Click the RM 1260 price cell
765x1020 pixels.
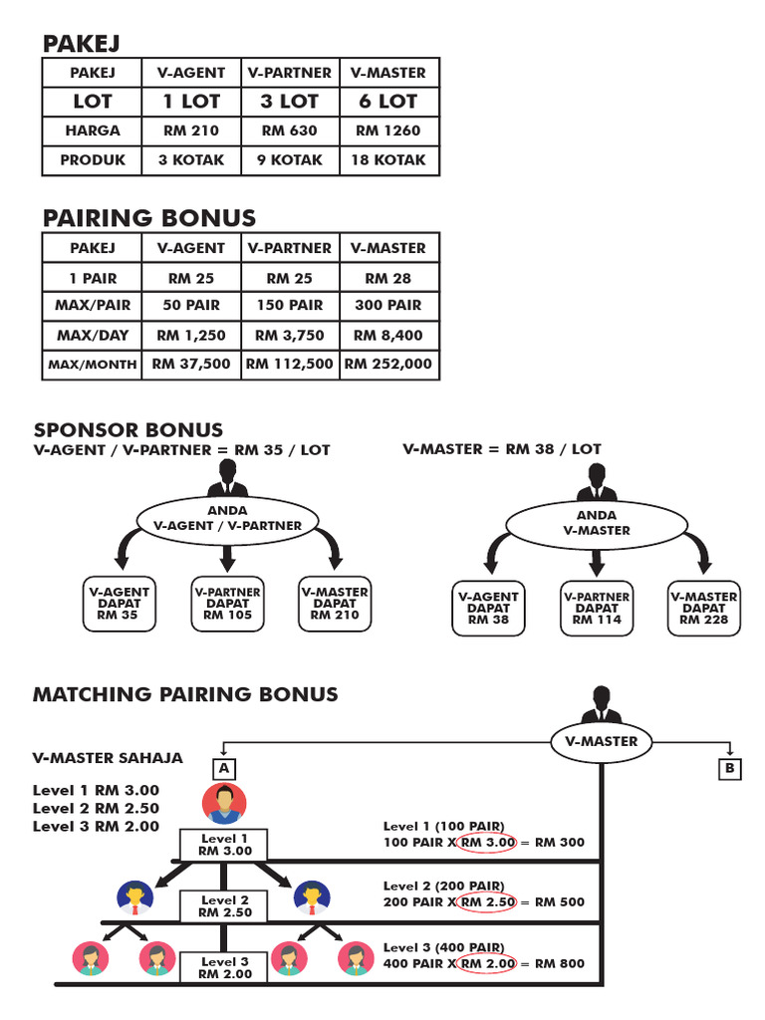coord(388,130)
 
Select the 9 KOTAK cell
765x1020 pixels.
coord(290,159)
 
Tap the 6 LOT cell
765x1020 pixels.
coord(388,102)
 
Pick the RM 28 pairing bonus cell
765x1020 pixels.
coord(388,278)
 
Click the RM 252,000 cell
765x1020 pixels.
coord(388,365)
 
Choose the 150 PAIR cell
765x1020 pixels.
coord(290,306)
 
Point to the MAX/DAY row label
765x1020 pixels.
coord(93,336)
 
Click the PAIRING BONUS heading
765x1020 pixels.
coord(149,218)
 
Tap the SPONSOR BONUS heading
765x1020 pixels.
coord(128,430)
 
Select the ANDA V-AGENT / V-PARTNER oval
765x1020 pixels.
coord(228,518)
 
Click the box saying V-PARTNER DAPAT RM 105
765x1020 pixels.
coord(226,604)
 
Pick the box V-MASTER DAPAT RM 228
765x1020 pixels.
coord(704,608)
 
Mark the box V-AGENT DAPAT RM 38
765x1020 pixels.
coord(488,608)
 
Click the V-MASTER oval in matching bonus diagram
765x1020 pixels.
coord(601,742)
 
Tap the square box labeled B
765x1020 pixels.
coord(729,769)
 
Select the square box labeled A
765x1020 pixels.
coord(224,769)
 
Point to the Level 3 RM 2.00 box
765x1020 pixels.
coord(223,967)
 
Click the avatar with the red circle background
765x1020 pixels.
coord(224,803)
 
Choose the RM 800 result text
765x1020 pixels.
coord(560,964)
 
